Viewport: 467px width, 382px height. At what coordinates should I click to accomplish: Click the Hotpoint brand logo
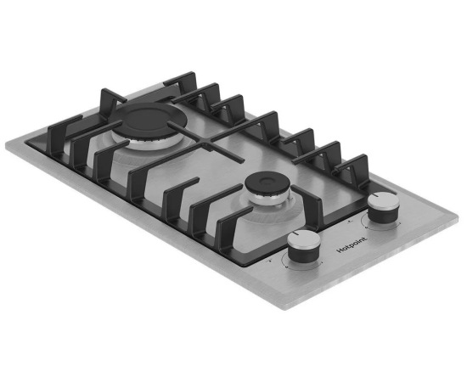(352, 244)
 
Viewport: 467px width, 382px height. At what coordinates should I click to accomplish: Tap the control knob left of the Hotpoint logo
(304, 246)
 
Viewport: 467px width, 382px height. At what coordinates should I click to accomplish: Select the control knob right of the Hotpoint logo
(383, 206)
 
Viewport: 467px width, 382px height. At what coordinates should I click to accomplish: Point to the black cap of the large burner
(148, 118)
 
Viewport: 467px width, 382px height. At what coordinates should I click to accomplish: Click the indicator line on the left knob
(295, 233)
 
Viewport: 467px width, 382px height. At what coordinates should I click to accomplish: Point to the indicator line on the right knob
(375, 195)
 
